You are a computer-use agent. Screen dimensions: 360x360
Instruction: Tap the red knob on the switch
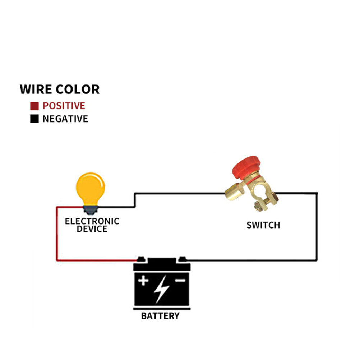click(x=246, y=166)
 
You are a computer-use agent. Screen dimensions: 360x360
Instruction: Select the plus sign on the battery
click(x=144, y=280)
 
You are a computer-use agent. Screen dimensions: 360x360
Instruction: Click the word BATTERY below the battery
click(x=160, y=316)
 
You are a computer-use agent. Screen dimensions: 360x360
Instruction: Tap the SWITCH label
click(x=263, y=225)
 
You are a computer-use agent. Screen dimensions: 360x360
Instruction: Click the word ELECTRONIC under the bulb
click(x=92, y=221)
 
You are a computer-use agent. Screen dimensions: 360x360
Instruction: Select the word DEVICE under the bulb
click(x=92, y=229)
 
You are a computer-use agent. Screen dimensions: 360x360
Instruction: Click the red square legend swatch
click(x=34, y=106)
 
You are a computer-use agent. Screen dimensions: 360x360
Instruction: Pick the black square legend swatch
click(x=34, y=119)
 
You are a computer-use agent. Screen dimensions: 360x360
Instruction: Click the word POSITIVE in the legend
click(x=64, y=106)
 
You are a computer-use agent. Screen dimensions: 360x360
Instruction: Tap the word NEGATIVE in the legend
click(x=65, y=119)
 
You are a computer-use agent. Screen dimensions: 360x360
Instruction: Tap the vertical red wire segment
click(x=57, y=234)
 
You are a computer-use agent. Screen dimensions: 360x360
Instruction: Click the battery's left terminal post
click(x=141, y=259)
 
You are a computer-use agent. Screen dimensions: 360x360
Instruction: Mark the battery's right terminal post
click(x=183, y=259)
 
